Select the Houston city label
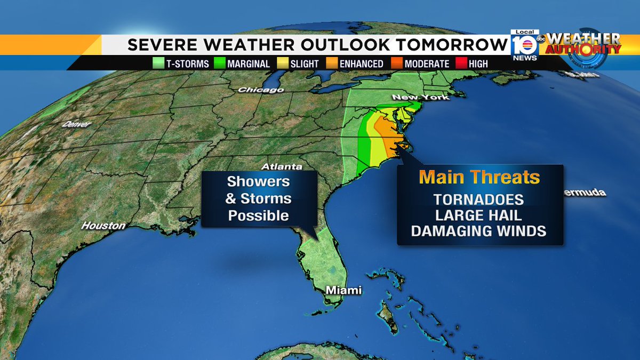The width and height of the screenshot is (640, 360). click(103, 226)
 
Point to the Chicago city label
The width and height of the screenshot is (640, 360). click(261, 90)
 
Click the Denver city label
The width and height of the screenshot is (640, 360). click(76, 124)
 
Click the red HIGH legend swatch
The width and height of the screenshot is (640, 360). click(462, 63)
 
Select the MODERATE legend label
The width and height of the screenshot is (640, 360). click(427, 63)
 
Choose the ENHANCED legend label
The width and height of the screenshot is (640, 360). click(361, 63)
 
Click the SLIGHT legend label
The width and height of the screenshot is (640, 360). click(304, 63)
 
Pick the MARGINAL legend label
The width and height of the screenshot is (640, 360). click(249, 63)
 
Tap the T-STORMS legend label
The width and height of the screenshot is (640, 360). click(187, 63)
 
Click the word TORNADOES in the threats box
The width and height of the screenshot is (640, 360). click(479, 199)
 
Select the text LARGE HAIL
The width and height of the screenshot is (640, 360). click(479, 215)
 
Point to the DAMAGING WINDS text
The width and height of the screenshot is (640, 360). click(479, 231)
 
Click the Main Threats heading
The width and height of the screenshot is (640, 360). click(479, 177)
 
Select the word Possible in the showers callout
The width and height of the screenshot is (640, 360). click(258, 215)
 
